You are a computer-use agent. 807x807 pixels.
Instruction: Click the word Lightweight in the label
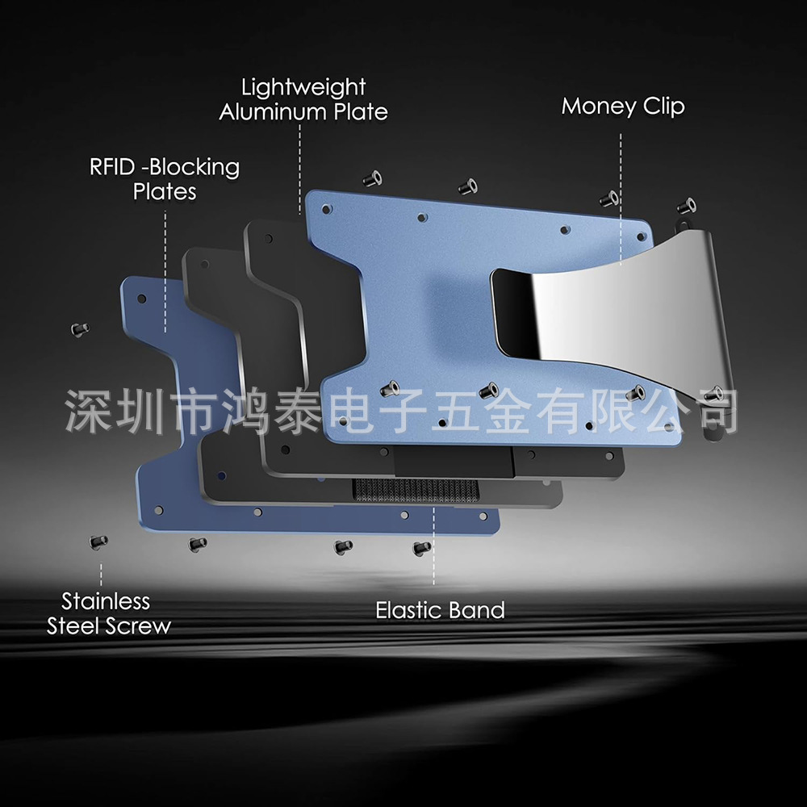click(x=303, y=87)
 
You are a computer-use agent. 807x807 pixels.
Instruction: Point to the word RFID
click(x=112, y=167)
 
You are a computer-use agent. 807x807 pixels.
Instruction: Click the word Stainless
click(x=106, y=601)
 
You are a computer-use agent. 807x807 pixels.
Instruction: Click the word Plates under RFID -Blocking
click(x=165, y=192)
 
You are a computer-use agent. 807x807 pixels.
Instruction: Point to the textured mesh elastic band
click(x=416, y=490)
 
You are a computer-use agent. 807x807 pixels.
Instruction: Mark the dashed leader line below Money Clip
click(x=621, y=199)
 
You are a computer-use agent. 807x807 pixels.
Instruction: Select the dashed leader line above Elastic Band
click(x=434, y=546)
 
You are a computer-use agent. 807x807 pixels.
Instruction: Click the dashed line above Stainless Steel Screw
click(x=101, y=575)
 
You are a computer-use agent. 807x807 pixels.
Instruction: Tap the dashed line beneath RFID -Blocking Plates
click(x=165, y=272)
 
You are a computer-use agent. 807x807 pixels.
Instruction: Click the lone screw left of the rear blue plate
click(x=80, y=329)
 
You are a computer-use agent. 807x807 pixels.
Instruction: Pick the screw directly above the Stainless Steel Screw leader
click(x=98, y=542)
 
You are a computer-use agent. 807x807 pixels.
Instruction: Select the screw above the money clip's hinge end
click(x=687, y=207)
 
